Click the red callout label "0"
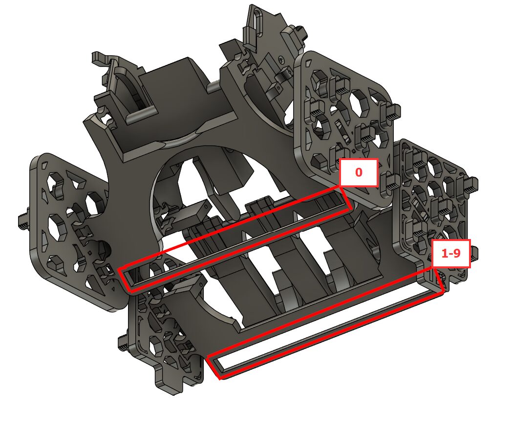tap(359, 173)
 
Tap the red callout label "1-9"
tap(451, 253)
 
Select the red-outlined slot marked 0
tap(235, 240)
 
